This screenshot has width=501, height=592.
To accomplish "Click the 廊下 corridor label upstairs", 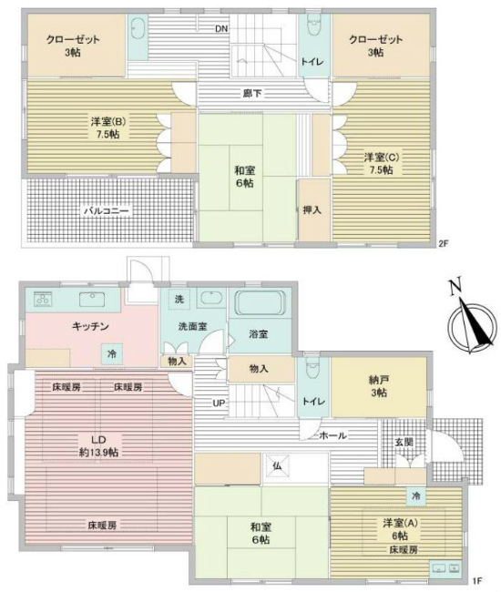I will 249,92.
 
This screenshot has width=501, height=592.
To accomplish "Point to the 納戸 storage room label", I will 379,383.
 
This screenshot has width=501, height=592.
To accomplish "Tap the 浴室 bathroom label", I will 259,334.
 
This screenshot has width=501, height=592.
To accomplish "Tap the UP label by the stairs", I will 220,403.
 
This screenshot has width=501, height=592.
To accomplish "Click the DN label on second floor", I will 220,28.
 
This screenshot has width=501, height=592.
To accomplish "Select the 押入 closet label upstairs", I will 312,210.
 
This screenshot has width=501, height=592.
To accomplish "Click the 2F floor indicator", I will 444,243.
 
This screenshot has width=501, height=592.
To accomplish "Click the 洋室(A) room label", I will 398,524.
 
